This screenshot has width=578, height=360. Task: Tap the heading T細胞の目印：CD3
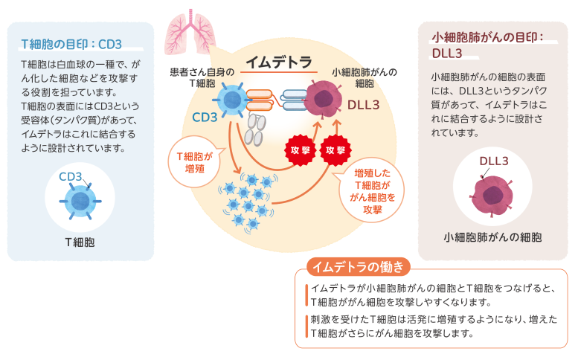pyautogui.click(x=72, y=42)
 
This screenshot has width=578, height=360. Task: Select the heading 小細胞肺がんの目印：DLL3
pyautogui.click(x=487, y=45)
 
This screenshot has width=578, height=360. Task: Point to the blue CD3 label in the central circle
pyautogui.click(x=205, y=117)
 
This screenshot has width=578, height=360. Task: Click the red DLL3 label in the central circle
pyautogui.click(x=364, y=105)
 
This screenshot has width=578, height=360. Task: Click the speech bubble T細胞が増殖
pyautogui.click(x=196, y=161)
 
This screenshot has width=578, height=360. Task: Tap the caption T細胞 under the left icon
pyautogui.click(x=80, y=242)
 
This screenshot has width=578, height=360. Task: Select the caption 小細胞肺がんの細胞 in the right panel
pyautogui.click(x=492, y=237)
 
